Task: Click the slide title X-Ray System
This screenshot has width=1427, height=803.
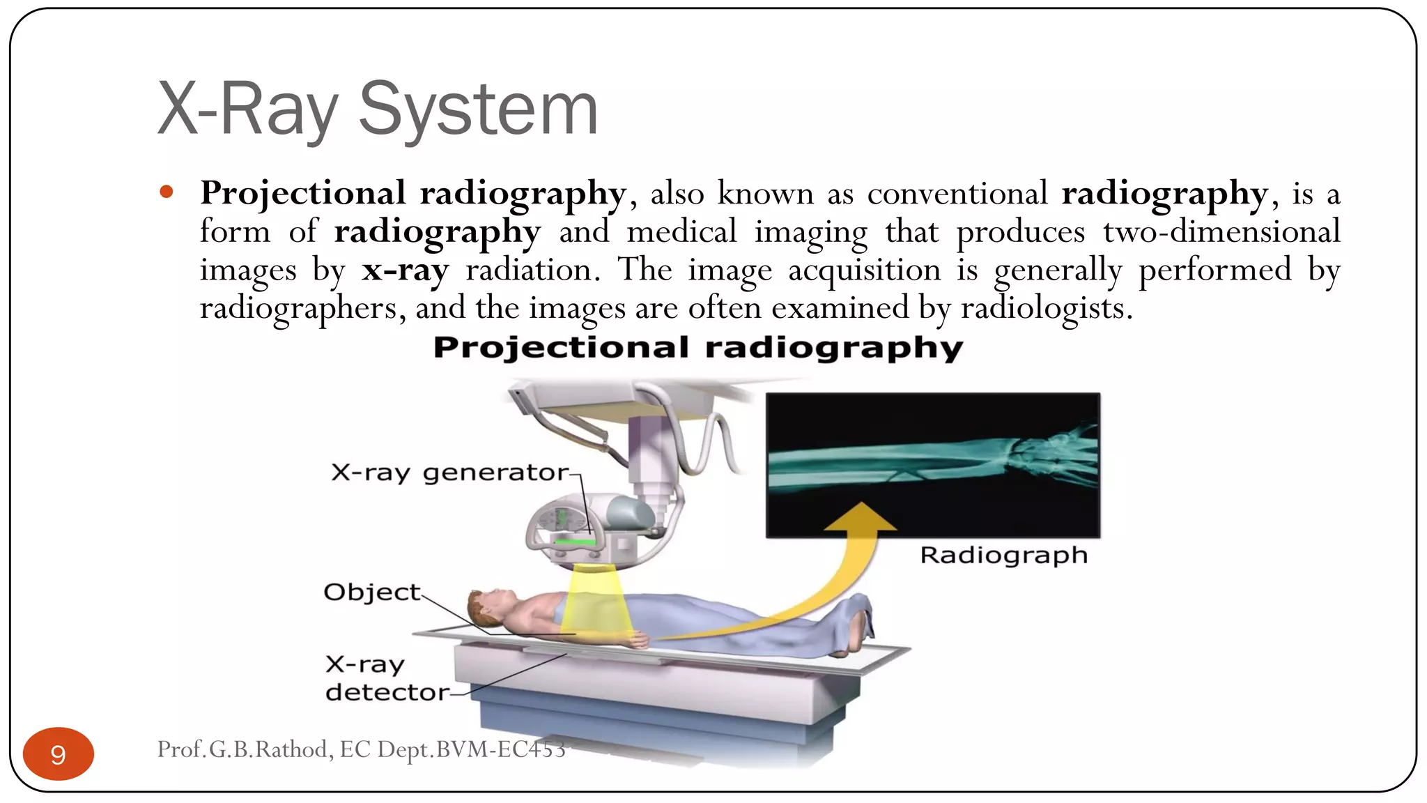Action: (378, 109)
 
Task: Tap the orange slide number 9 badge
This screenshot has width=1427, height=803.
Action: (59, 754)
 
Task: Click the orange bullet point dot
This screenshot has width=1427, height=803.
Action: (166, 192)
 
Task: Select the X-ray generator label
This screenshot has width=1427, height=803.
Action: (449, 473)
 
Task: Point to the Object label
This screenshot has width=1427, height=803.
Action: (372, 592)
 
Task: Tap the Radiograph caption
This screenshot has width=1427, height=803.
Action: (1003, 556)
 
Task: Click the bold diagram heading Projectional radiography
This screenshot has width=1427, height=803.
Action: (697, 347)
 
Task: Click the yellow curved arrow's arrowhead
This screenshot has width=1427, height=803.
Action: (861, 517)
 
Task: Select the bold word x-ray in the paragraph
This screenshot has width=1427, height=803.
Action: (405, 270)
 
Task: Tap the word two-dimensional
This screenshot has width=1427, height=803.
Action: (1221, 231)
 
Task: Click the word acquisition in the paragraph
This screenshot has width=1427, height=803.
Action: (864, 270)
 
